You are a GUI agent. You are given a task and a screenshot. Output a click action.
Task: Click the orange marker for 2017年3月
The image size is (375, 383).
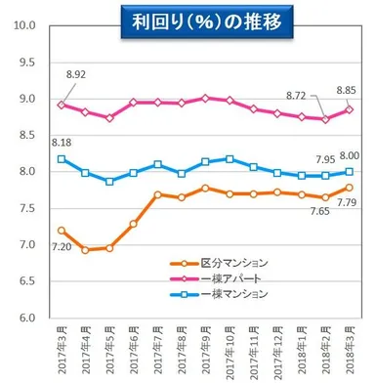pos(61,231)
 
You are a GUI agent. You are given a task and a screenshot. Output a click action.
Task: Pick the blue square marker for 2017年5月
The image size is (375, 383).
pos(109,182)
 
